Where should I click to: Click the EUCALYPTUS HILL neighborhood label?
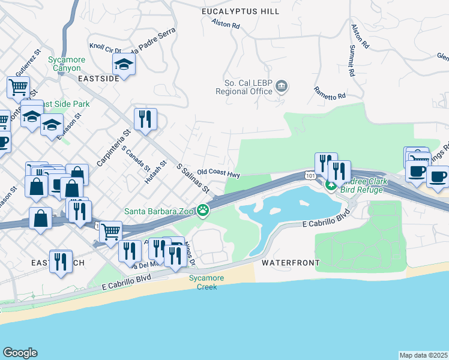coord(241,12)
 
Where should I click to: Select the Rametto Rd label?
coord(330,92)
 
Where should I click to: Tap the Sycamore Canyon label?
coord(67,64)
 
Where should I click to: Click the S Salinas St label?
coord(192,178)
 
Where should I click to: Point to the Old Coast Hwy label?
coord(218,173)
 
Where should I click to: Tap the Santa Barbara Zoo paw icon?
coord(204,210)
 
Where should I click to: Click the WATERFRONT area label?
coord(291,263)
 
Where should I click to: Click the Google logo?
coord(20,353)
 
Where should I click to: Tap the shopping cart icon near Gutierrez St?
coord(18,88)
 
